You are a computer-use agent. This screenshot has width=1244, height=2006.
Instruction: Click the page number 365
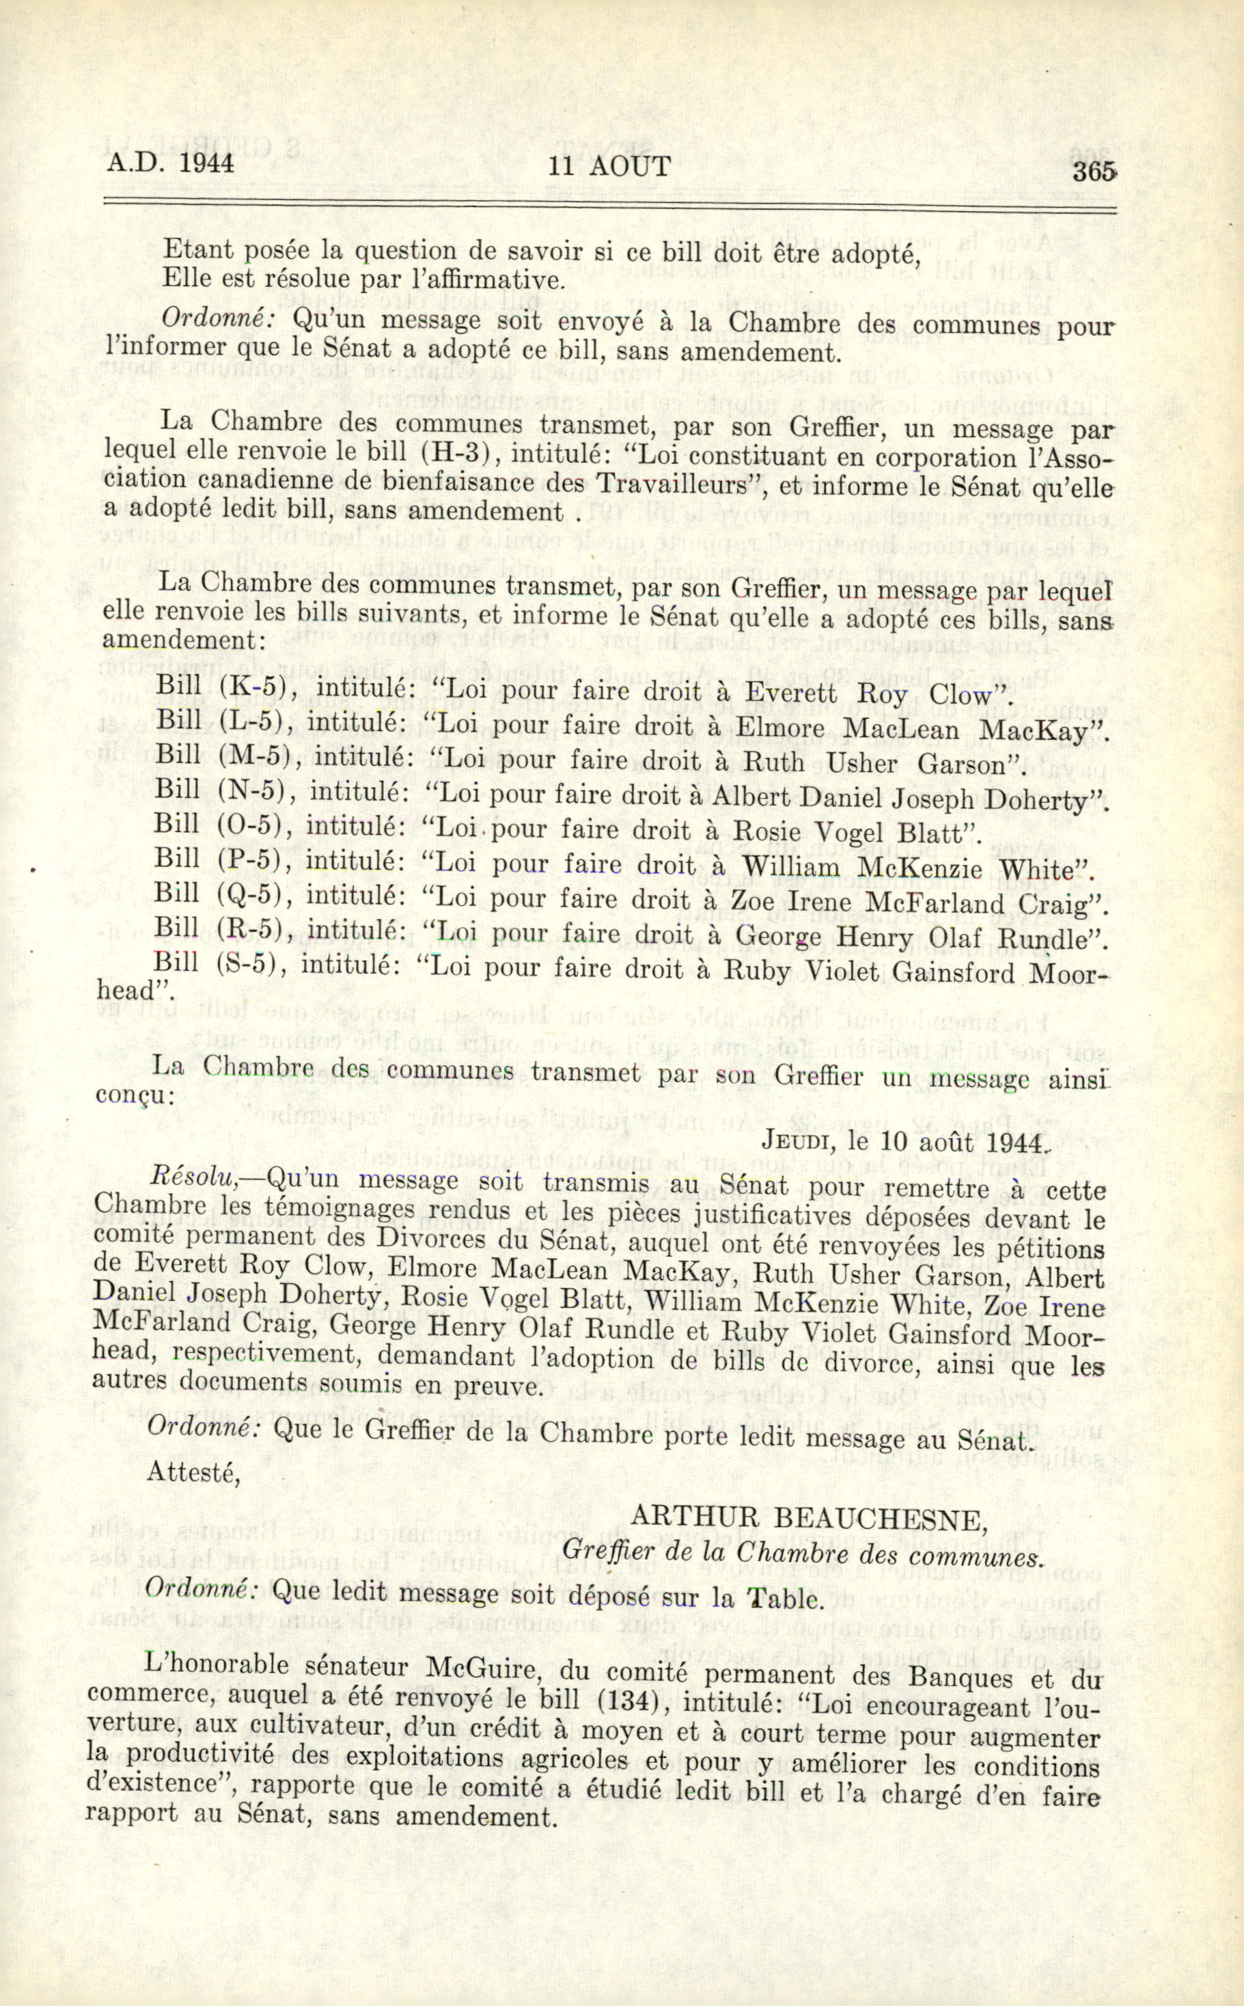1092,171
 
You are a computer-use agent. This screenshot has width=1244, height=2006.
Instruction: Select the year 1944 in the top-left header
206,162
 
